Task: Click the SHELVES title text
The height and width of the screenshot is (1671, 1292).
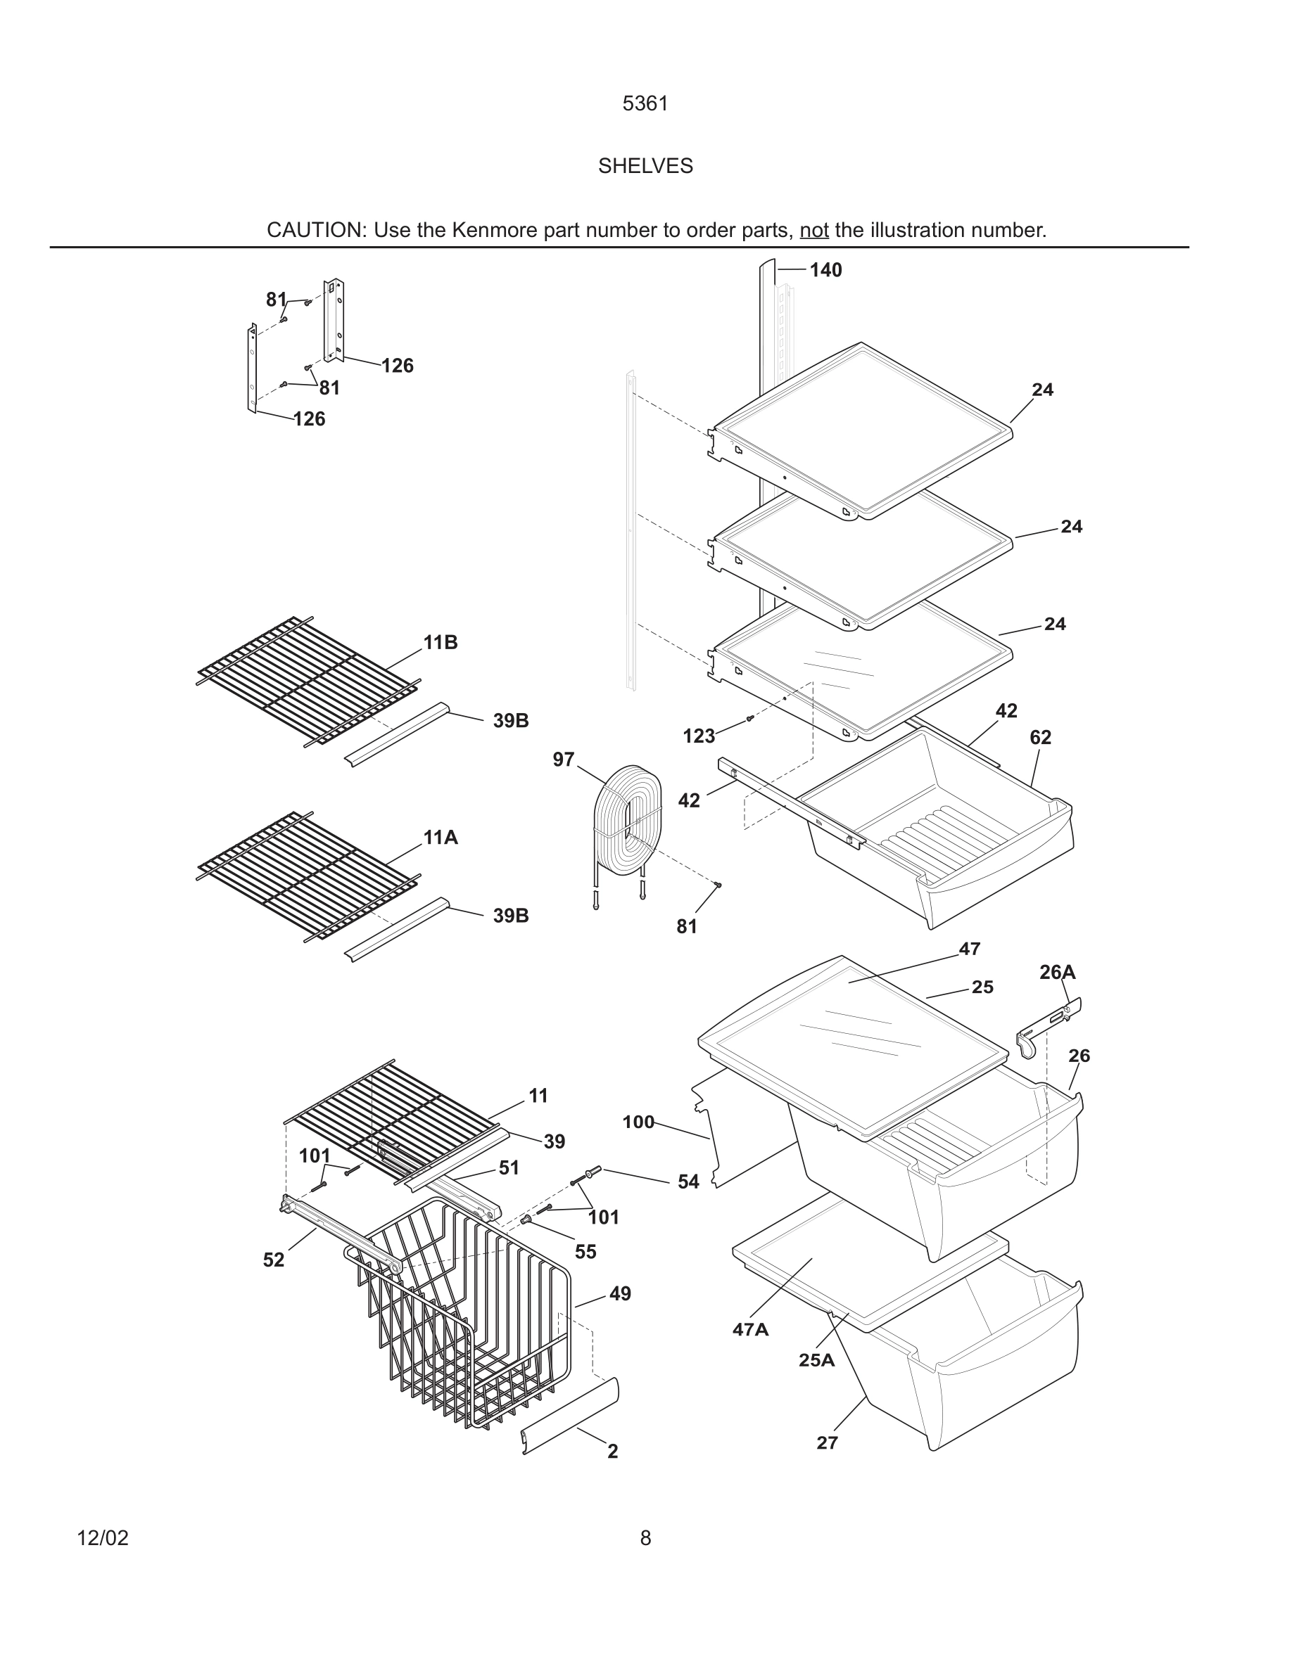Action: [x=645, y=166]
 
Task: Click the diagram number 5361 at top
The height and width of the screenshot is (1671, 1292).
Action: [x=645, y=103]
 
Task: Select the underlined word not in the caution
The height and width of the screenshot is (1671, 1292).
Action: [x=813, y=230]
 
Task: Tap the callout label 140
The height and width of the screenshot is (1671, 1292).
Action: [x=825, y=270]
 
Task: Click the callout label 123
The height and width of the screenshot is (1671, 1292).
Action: [x=698, y=736]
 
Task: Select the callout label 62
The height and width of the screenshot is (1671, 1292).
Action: [x=1040, y=738]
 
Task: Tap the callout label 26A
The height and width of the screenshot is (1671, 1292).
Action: [x=1057, y=973]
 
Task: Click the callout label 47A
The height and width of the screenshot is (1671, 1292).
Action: [x=750, y=1330]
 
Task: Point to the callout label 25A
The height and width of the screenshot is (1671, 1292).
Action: [x=816, y=1360]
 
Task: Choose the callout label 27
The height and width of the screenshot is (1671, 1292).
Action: [x=827, y=1443]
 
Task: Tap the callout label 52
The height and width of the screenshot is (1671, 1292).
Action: [x=273, y=1260]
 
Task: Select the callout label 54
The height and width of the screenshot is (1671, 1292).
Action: [x=688, y=1182]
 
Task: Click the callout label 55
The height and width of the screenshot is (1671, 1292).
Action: [x=585, y=1252]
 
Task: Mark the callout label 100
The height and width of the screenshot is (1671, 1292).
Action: [x=638, y=1122]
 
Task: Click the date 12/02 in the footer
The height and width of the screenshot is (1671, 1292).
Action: [x=103, y=1538]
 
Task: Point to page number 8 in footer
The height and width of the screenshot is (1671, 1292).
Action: [x=645, y=1538]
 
